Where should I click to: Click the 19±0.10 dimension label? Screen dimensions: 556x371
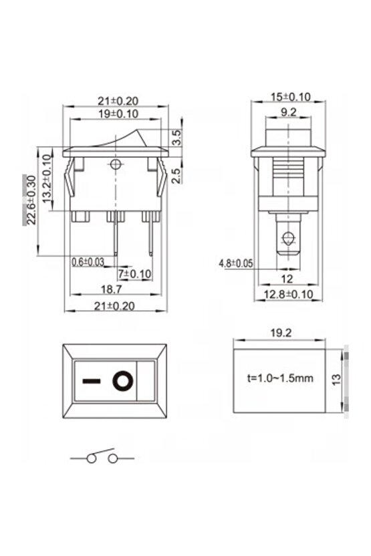118,114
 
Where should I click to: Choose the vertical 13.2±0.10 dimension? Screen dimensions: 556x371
47,181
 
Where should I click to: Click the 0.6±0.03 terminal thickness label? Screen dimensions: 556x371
88,262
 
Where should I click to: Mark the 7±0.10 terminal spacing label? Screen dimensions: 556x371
135,274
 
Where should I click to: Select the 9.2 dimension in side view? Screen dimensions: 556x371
289,113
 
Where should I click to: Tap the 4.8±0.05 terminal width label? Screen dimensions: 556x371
235,263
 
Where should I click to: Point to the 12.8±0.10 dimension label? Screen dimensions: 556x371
289,295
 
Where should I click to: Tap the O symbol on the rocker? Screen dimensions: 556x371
123,382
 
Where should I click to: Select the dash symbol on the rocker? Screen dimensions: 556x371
92,382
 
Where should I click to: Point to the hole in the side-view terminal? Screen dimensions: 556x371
288,237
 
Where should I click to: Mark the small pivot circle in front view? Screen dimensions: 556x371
118,164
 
